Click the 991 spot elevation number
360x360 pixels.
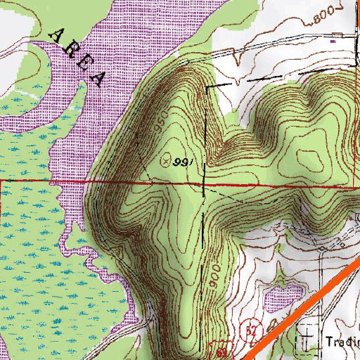[x=184, y=161]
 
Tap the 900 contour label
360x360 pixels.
[x=214, y=274]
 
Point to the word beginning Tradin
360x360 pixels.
[x=342, y=342]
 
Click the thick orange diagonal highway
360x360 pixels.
[x=302, y=309]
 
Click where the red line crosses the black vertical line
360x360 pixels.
[x=204, y=184]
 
